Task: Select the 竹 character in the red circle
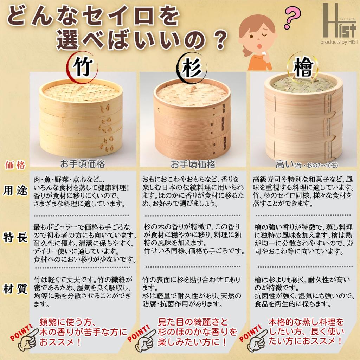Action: click(x=83, y=66)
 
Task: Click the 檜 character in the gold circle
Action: click(x=303, y=68)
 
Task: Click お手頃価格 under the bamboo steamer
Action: click(x=82, y=164)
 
